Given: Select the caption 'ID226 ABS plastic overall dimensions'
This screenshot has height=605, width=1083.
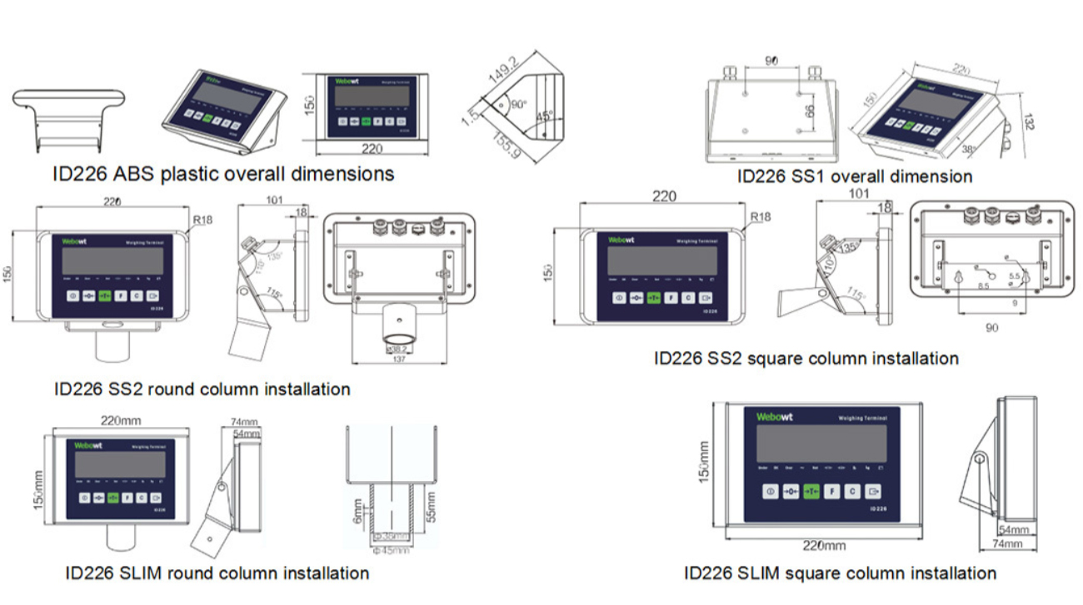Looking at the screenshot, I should [x=222, y=174].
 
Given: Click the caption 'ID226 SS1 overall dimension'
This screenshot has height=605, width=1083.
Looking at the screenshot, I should [x=855, y=176].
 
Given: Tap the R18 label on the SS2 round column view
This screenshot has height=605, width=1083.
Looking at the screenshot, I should [x=203, y=221].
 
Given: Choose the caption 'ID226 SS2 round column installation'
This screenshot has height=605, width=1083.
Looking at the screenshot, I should [x=202, y=389].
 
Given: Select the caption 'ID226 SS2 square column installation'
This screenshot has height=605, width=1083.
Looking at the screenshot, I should [x=806, y=359].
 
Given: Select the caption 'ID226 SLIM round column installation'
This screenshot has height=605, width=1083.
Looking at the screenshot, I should [x=217, y=573].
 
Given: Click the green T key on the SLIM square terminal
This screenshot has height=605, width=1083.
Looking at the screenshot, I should [x=811, y=492].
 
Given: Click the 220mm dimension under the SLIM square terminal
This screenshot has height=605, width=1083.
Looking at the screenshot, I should [x=824, y=545].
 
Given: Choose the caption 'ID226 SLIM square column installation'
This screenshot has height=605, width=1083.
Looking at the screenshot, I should [x=840, y=573].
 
